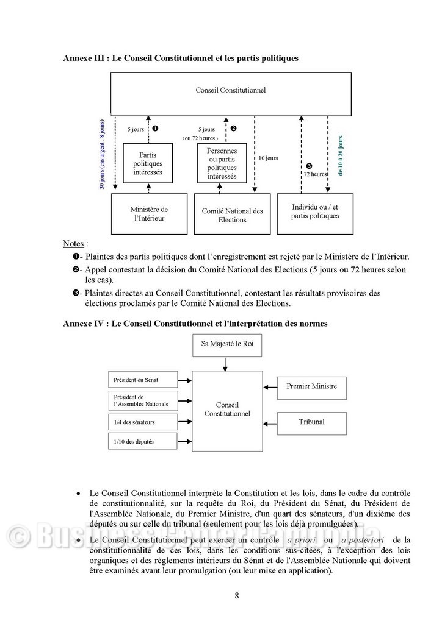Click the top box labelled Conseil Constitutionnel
click(230, 93)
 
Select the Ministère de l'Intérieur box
click(149, 214)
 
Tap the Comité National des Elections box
click(232, 214)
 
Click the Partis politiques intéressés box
click(147, 163)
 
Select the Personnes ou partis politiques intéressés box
click(222, 163)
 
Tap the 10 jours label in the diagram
click(267, 158)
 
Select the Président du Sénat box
click(143, 380)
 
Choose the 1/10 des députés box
click(143, 441)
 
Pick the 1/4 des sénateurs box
click(143, 422)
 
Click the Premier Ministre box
click(311, 386)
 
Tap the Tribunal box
click(311, 422)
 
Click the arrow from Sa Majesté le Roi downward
click(226, 364)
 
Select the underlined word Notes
click(73, 244)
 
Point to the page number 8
click(236, 595)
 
